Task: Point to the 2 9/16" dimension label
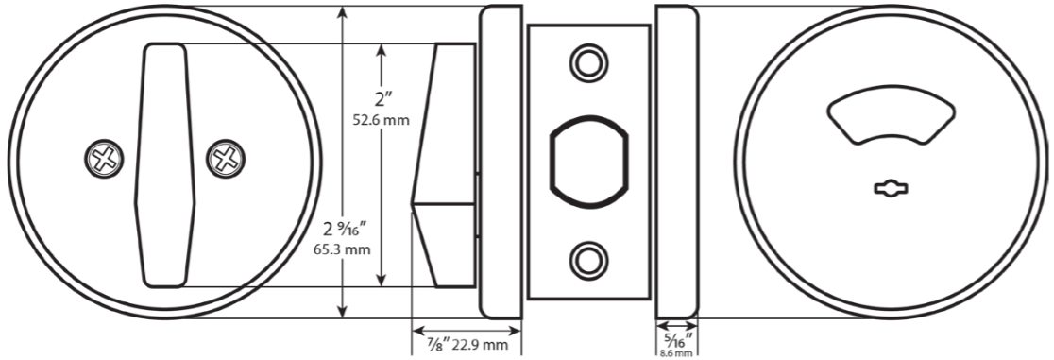coord(345,230)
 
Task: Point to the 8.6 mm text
coord(676,352)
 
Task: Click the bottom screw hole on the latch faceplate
coord(587,258)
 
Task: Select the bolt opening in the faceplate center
coord(587,160)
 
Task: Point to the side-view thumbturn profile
coord(444,164)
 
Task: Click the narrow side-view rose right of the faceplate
coord(676,161)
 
